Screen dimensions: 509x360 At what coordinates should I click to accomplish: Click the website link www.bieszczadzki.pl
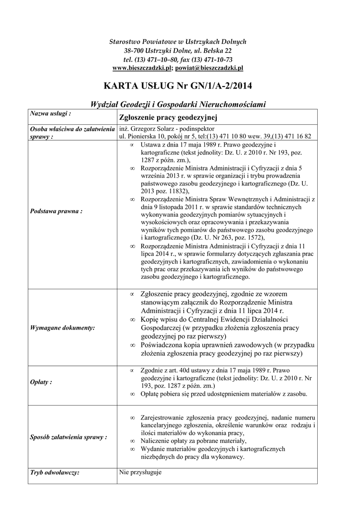(142, 68)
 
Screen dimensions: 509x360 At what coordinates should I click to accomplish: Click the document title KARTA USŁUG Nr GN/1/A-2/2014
(178, 86)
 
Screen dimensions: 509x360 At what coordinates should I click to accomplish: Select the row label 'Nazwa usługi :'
(51, 114)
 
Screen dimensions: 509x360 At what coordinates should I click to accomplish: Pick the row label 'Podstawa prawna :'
(56, 211)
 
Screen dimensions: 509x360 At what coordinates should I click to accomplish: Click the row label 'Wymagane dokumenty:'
(63, 328)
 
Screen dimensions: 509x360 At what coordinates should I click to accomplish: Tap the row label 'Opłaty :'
(41, 382)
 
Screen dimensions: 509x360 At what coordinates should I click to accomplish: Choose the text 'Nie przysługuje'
(141, 472)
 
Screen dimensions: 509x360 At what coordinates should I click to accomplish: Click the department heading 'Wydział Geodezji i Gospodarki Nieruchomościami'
(178, 104)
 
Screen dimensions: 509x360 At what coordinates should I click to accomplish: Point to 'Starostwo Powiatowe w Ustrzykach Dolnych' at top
(178, 41)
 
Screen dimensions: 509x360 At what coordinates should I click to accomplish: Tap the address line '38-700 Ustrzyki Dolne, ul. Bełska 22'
(178, 50)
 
